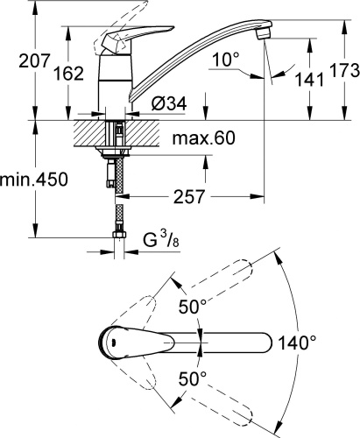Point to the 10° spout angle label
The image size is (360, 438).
[225, 60]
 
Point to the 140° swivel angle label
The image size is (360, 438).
[299, 343]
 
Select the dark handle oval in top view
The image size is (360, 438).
[116, 343]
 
